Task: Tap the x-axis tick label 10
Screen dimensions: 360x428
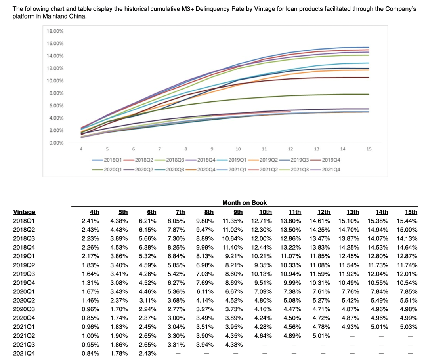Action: pyautogui.click(x=238, y=149)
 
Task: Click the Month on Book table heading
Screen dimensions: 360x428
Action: pyautogui.click(x=245, y=203)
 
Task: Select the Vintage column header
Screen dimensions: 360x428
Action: pyautogui.click(x=24, y=212)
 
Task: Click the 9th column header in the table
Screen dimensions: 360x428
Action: pyautogui.click(x=238, y=212)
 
